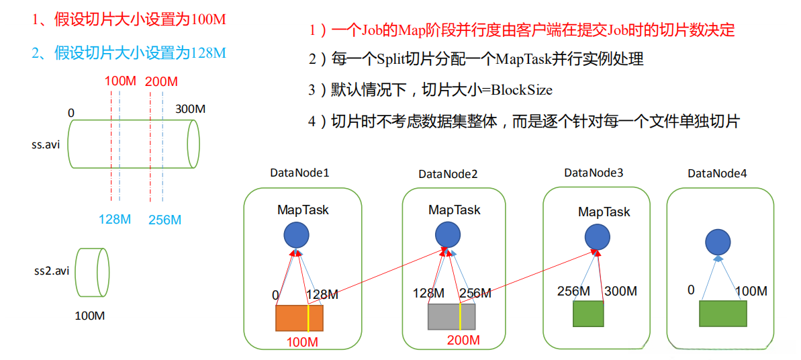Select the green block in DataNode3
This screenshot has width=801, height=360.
588,314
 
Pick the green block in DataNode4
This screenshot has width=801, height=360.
722,314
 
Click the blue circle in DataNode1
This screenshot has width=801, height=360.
296,235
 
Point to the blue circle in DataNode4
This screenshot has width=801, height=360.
718,243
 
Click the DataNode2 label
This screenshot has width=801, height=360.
448,174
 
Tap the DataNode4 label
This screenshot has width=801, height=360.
717,174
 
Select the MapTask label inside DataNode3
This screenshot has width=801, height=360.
604,212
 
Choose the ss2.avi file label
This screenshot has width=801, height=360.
52,271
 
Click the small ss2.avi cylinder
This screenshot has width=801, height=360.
92,272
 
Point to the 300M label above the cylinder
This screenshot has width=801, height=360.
190,109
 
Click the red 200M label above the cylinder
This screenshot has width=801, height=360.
161,82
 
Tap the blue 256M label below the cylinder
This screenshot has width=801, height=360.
164,220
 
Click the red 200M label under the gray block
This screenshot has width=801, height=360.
463,340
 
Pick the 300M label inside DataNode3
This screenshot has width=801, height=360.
621,291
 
